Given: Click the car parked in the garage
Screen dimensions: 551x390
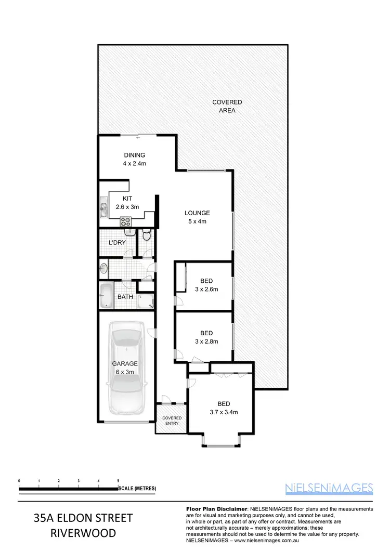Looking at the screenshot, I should click(x=126, y=367).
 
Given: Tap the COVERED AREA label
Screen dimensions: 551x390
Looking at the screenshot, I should click(x=227, y=106).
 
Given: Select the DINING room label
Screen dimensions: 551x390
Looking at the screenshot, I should click(x=134, y=159).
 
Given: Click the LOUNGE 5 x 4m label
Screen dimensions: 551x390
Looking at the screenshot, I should click(x=197, y=217).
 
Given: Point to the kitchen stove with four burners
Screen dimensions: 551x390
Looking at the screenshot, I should click(x=126, y=221).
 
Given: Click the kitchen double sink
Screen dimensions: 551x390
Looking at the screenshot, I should click(x=103, y=209).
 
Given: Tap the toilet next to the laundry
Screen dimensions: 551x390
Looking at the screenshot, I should click(x=147, y=235).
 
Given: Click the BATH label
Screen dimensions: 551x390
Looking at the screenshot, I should click(x=125, y=297).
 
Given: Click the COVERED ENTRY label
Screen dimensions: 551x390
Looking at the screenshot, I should click(x=172, y=421).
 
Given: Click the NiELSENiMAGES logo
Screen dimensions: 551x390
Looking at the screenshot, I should click(x=329, y=488).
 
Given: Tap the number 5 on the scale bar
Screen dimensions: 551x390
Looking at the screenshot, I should click(x=119, y=480).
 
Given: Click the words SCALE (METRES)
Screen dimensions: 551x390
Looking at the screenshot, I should click(x=137, y=489).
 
